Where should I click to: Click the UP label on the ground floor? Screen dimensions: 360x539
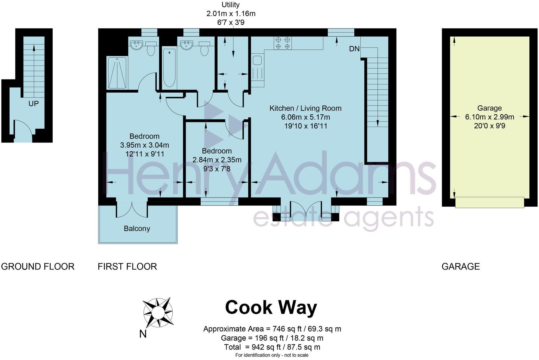click(x=33, y=104)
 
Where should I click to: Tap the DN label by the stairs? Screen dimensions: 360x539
click(x=354, y=49)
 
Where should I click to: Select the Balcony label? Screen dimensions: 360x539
click(x=137, y=229)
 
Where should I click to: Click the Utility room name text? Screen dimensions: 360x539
click(x=231, y=5)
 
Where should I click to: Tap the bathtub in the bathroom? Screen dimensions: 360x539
click(x=169, y=68)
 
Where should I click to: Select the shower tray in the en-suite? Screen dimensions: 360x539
click(x=117, y=73)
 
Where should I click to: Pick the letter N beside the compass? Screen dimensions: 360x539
click(x=143, y=334)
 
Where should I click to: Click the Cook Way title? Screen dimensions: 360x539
click(x=271, y=308)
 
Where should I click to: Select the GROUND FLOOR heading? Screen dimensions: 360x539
click(x=38, y=266)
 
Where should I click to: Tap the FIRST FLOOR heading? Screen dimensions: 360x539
click(x=127, y=266)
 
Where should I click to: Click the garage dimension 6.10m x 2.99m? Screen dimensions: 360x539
click(x=489, y=117)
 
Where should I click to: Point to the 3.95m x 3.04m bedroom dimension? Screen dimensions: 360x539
click(x=144, y=145)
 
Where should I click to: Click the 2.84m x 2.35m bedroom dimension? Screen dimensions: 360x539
click(x=217, y=160)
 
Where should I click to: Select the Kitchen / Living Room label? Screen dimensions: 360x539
click(x=305, y=108)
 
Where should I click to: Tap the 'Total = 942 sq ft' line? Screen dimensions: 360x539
click(x=272, y=347)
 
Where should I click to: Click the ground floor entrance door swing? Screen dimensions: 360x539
click(x=23, y=129)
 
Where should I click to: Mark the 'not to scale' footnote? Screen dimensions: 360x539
click(x=272, y=355)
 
